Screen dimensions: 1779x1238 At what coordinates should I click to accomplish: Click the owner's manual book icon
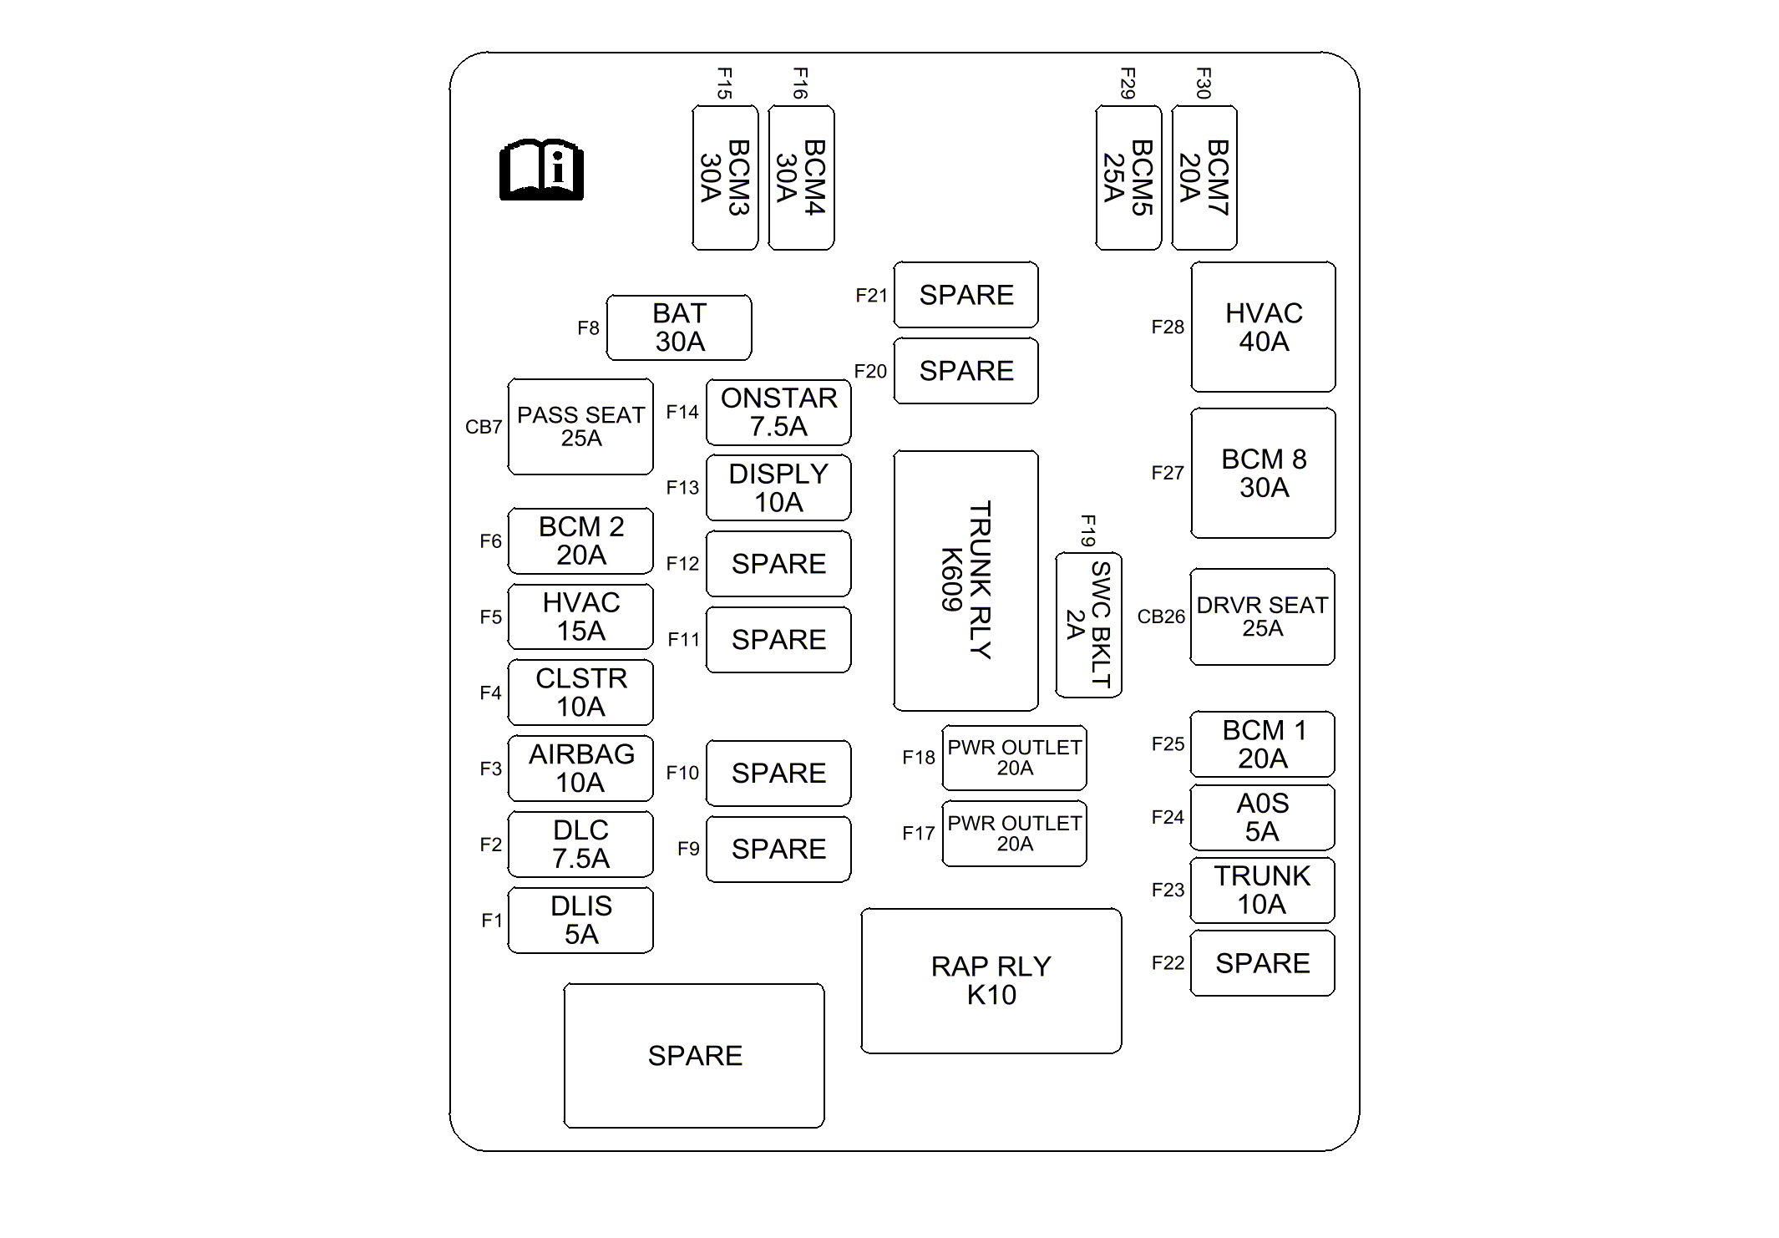pos(541,170)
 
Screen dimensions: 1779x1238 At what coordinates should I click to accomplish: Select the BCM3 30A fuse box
pos(725,178)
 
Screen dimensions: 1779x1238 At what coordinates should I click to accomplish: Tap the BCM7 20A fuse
pos(1204,178)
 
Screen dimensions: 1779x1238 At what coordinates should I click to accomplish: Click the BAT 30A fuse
pos(679,327)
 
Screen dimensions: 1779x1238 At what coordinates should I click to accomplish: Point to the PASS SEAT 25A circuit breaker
pos(580,427)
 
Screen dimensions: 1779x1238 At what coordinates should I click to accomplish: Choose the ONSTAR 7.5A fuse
pos(778,412)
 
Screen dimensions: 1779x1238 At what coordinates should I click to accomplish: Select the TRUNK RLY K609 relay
pos(966,581)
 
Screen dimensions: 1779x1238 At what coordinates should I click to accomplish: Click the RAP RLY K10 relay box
pos(991,981)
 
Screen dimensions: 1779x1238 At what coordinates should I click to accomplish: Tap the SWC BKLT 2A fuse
pos(1089,625)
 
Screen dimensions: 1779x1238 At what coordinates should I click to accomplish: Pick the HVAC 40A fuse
pos(1264,327)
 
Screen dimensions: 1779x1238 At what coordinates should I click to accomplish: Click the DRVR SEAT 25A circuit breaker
pos(1263,616)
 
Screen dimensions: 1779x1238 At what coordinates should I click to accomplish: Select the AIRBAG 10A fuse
pos(580,769)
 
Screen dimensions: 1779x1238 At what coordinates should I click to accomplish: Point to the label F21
pos(871,296)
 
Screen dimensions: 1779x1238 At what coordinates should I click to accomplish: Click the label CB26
pos(1161,616)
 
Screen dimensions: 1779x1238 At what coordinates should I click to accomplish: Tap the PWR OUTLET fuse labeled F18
pos(1015,758)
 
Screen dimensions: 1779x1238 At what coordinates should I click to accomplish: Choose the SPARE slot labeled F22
pos(1263,963)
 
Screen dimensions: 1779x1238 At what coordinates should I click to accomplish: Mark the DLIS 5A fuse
pos(580,920)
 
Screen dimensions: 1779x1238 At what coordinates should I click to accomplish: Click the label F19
pos(1088,530)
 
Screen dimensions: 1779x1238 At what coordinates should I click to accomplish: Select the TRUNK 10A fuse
pos(1263,890)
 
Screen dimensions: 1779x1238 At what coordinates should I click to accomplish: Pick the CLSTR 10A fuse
pos(580,693)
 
